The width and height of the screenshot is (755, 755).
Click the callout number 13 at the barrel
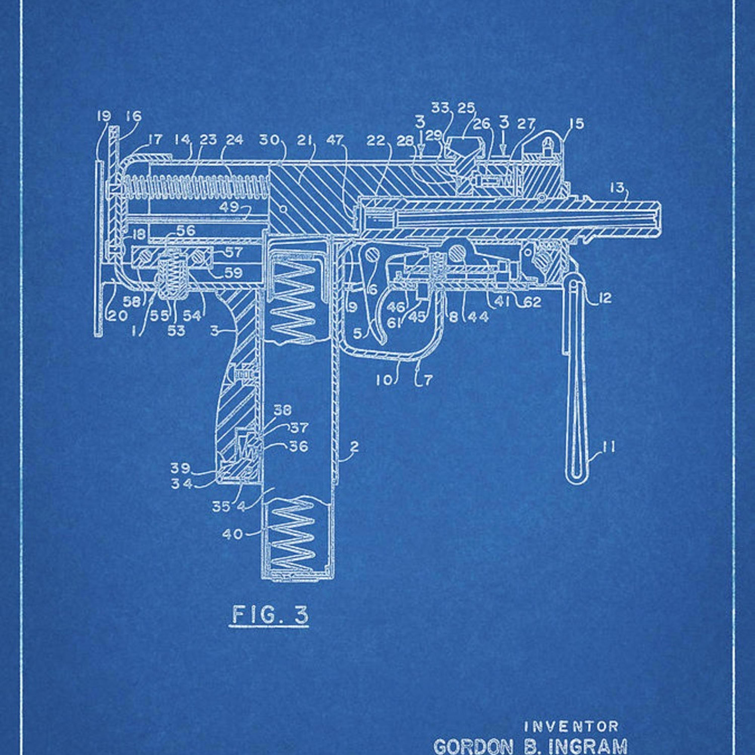pos(617,188)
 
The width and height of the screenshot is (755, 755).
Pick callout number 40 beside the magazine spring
pos(233,534)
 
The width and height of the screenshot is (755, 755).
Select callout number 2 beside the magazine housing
pos(354,447)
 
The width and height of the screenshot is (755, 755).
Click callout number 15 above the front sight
pos(576,124)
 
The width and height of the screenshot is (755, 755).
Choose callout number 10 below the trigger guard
pos(384,380)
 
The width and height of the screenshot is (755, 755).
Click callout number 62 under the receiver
pos(532,302)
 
